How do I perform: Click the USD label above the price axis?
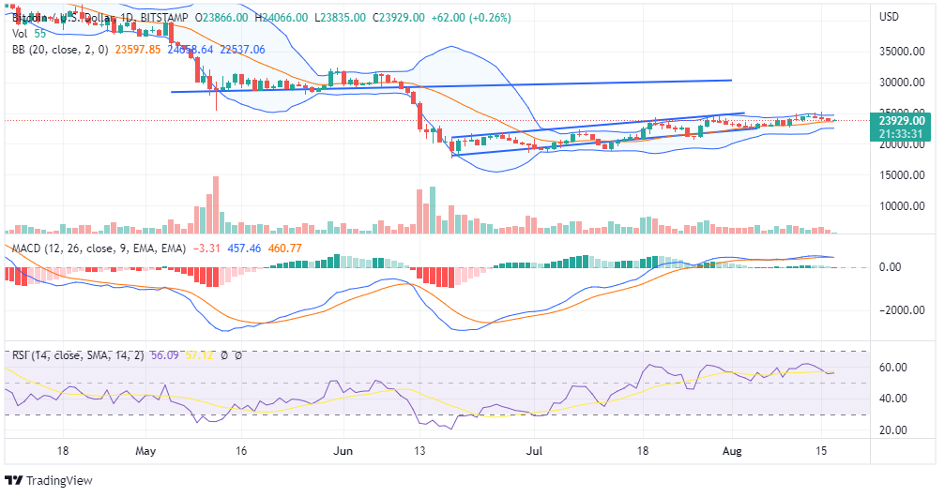tap(889, 17)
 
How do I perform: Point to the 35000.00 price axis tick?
tap(902, 53)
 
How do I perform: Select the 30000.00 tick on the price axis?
tap(902, 83)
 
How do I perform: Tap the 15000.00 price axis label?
tap(902, 175)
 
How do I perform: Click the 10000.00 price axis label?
tap(902, 206)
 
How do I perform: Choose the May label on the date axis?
tap(145, 451)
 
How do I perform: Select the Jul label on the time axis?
tap(536, 451)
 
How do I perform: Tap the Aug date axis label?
tap(735, 451)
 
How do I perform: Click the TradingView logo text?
tap(58, 481)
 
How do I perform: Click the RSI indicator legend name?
tap(21, 355)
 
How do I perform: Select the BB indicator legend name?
tap(19, 50)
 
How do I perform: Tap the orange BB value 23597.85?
tap(138, 50)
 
